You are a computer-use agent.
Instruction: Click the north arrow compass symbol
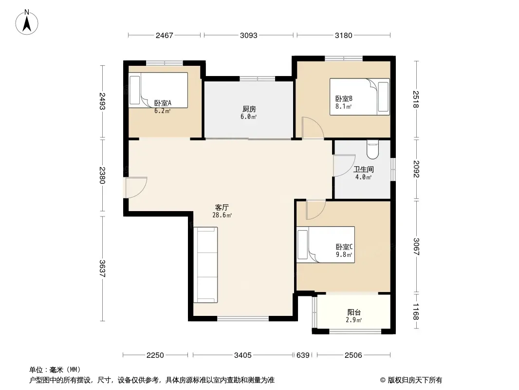[27, 22]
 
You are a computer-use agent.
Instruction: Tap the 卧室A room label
[163, 103]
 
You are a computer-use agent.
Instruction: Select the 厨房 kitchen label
[249, 109]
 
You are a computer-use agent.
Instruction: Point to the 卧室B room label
[344, 99]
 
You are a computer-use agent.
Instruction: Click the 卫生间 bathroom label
[363, 169]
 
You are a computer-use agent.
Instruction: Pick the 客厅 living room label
[222, 207]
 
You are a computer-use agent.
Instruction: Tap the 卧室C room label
[344, 247]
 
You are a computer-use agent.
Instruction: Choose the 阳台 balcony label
[354, 312]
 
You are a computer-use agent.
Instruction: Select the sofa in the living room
[205, 265]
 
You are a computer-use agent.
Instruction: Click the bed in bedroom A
[158, 90]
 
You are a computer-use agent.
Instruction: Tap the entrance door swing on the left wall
[136, 188]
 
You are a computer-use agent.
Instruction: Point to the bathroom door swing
[344, 165]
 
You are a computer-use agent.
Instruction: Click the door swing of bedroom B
[313, 128]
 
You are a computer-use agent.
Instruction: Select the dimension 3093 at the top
[249, 35]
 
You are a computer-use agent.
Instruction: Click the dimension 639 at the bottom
[303, 355]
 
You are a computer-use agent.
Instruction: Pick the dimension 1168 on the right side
[416, 312]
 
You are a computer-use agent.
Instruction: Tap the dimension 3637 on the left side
[102, 269]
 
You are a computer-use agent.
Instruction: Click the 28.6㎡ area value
[222, 215]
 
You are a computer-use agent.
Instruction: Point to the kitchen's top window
[258, 78]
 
